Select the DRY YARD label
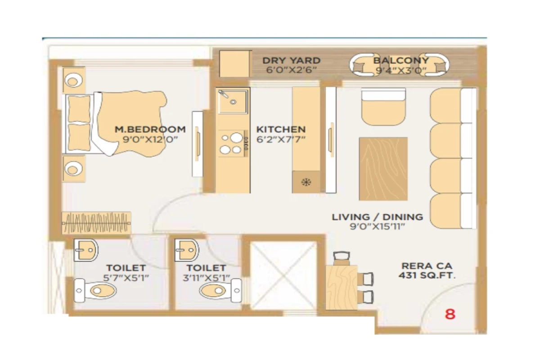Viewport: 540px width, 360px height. click(291, 61)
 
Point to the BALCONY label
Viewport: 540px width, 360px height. click(400, 61)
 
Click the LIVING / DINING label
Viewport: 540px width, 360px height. click(377, 217)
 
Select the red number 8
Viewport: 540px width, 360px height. click(450, 314)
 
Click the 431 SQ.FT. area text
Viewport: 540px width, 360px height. click(427, 275)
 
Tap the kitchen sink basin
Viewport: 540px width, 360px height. click(233, 101)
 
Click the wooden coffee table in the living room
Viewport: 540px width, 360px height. click(383, 168)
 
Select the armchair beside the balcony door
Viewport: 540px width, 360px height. click(383, 107)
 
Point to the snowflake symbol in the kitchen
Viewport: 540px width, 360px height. click(306, 182)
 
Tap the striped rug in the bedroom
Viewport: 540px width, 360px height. click(96, 222)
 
